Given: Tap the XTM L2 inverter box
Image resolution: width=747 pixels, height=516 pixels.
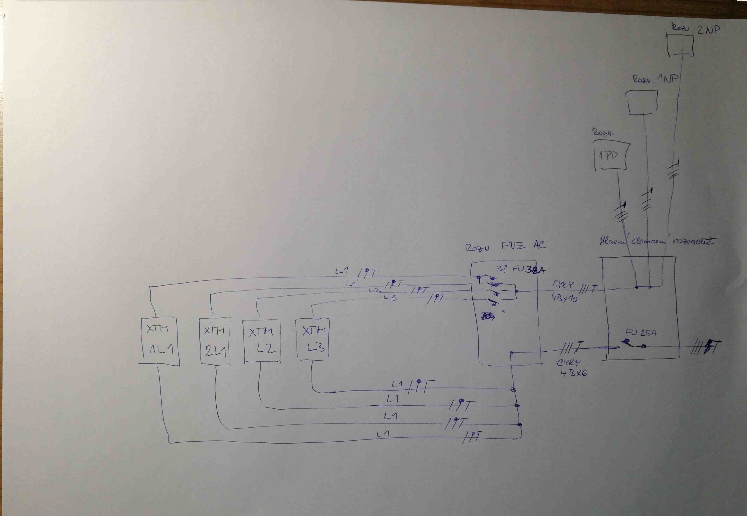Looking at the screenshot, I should click(x=262, y=341).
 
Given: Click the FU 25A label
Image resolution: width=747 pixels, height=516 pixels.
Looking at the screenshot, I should click(x=641, y=333).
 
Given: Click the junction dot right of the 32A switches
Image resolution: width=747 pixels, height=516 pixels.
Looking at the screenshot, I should click(x=517, y=291).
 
